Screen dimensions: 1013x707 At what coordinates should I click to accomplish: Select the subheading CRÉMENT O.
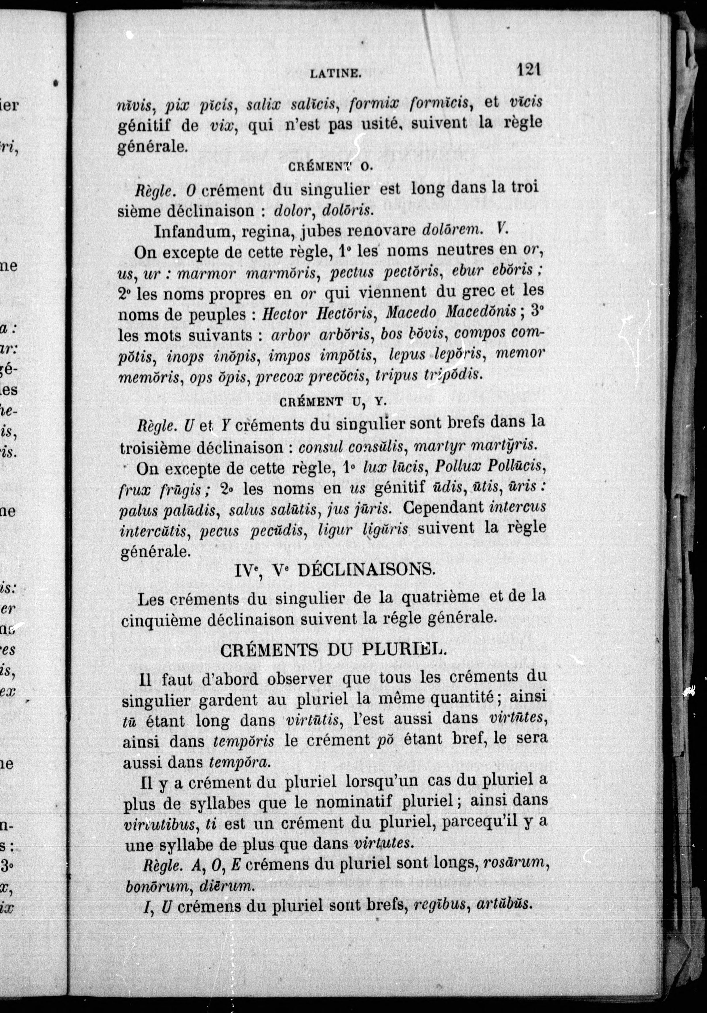pos(331,167)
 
